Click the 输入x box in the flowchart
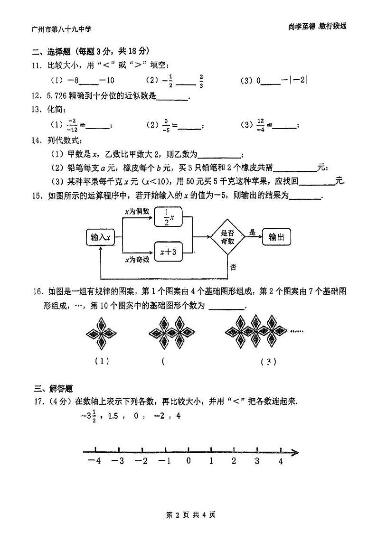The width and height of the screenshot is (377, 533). point(101,237)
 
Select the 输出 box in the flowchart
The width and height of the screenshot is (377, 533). point(276,237)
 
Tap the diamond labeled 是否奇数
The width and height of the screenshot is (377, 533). point(228,236)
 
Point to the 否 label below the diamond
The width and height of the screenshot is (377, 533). point(233,267)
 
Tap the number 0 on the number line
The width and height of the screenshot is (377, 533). point(188,461)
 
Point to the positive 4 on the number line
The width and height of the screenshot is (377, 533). point(281,461)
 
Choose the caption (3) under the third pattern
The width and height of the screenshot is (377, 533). point(268,362)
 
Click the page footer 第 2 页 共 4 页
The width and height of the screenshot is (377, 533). point(189,514)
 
